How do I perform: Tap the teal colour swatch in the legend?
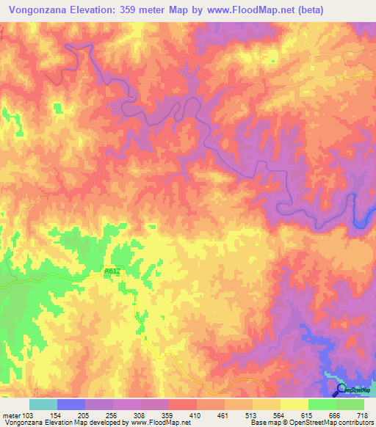click(x=43, y=404)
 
